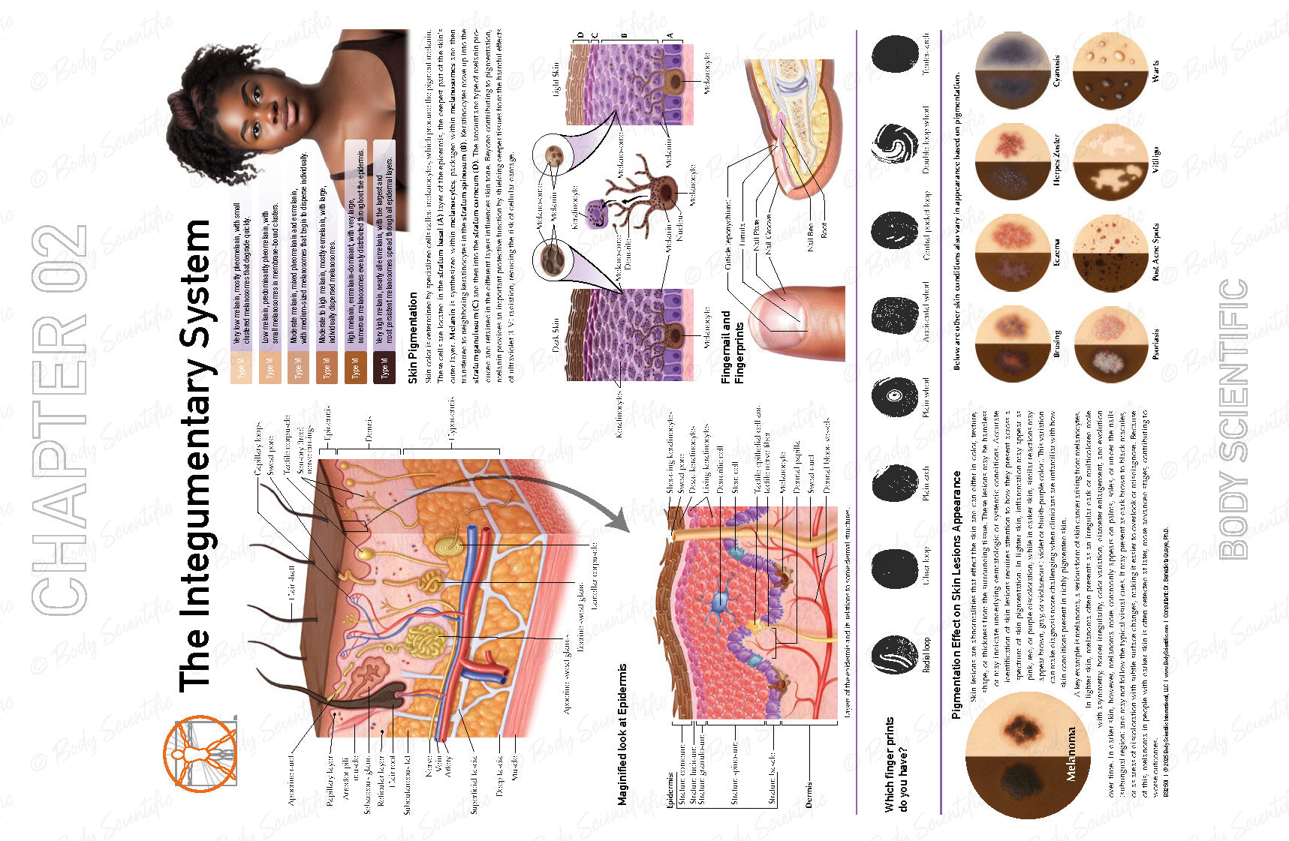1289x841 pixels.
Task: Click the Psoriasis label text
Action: point(1155,343)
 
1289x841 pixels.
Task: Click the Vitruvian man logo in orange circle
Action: point(200,753)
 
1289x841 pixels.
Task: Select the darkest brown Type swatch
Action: point(384,369)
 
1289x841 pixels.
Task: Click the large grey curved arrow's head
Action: point(617,518)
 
